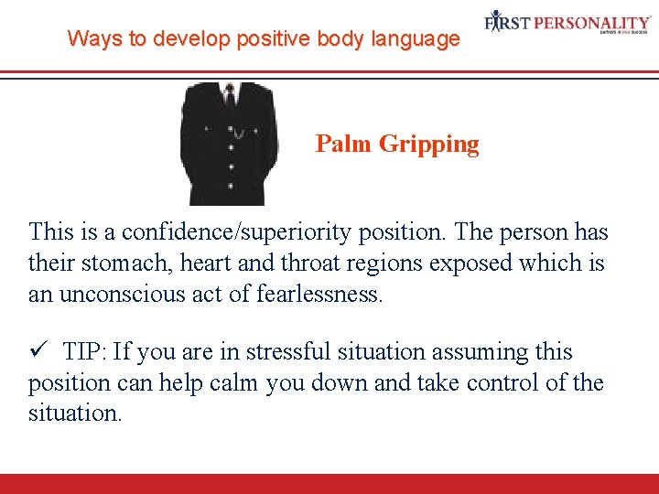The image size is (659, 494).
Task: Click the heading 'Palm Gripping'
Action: click(x=397, y=144)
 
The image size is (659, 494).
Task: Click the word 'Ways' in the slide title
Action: click(x=89, y=39)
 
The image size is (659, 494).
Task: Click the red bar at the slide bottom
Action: click(x=329, y=484)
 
